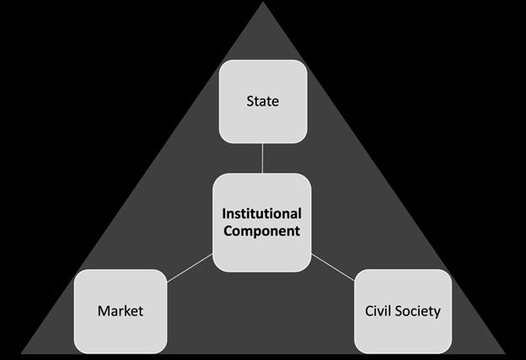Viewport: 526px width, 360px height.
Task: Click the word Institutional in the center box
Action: point(262,214)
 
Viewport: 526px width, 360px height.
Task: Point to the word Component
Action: point(262,230)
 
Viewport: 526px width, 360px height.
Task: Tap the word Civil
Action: point(377,311)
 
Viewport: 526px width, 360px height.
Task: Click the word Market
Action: point(121,311)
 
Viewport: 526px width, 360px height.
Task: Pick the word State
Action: point(262,102)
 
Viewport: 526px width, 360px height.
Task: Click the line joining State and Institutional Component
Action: point(262,158)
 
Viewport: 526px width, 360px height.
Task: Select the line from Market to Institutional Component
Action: point(190,271)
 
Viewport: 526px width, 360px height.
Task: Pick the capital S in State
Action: point(250,102)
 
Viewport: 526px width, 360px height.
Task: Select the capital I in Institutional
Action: point(224,214)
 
